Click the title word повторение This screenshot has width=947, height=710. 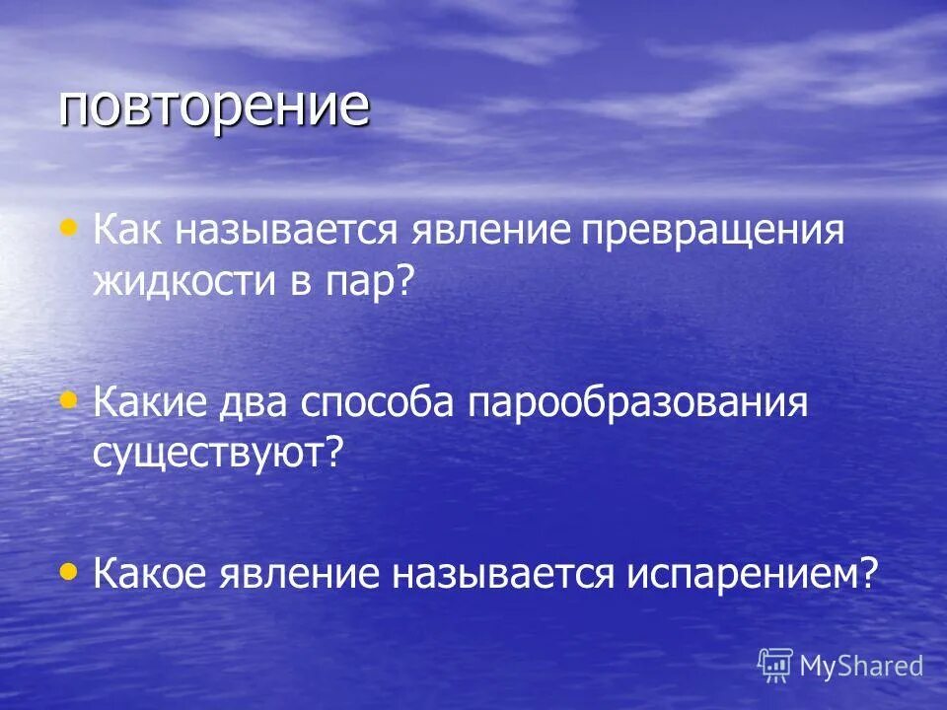tap(214, 107)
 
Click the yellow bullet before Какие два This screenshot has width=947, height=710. tap(68, 399)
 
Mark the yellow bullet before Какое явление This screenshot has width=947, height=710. tap(68, 568)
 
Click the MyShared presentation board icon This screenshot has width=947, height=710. tap(774, 665)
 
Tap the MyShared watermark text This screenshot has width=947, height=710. tap(861, 667)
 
